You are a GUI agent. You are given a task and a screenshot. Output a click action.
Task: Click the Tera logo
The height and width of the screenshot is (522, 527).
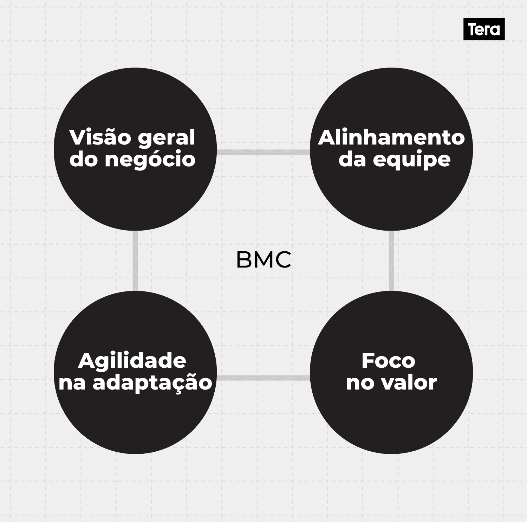484,29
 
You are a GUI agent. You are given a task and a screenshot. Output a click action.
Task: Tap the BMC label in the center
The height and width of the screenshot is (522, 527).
263,260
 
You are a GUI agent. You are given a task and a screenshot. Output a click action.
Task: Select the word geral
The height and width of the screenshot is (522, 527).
167,138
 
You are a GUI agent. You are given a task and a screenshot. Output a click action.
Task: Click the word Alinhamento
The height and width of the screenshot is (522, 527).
391,137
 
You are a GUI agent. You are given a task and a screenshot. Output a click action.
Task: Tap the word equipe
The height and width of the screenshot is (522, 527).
411,160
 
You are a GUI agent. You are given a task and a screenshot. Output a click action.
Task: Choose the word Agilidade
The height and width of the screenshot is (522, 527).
132,361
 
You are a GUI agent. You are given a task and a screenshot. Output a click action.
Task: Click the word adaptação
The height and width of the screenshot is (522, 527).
152,383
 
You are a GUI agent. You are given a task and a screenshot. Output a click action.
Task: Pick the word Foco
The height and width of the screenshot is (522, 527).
388,361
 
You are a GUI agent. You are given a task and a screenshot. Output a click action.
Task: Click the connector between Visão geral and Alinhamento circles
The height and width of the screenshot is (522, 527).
263,152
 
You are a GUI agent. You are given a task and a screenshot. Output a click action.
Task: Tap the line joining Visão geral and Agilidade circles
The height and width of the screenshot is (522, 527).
135,261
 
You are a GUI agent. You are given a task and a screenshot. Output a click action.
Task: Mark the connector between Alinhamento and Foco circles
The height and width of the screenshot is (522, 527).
391,261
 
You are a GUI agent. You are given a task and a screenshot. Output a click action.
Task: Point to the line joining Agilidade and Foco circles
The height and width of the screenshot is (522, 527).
263,378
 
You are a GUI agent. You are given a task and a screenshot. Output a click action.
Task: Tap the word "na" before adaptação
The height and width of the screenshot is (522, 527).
72,383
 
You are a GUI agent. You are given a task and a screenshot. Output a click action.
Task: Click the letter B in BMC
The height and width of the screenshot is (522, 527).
245,260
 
